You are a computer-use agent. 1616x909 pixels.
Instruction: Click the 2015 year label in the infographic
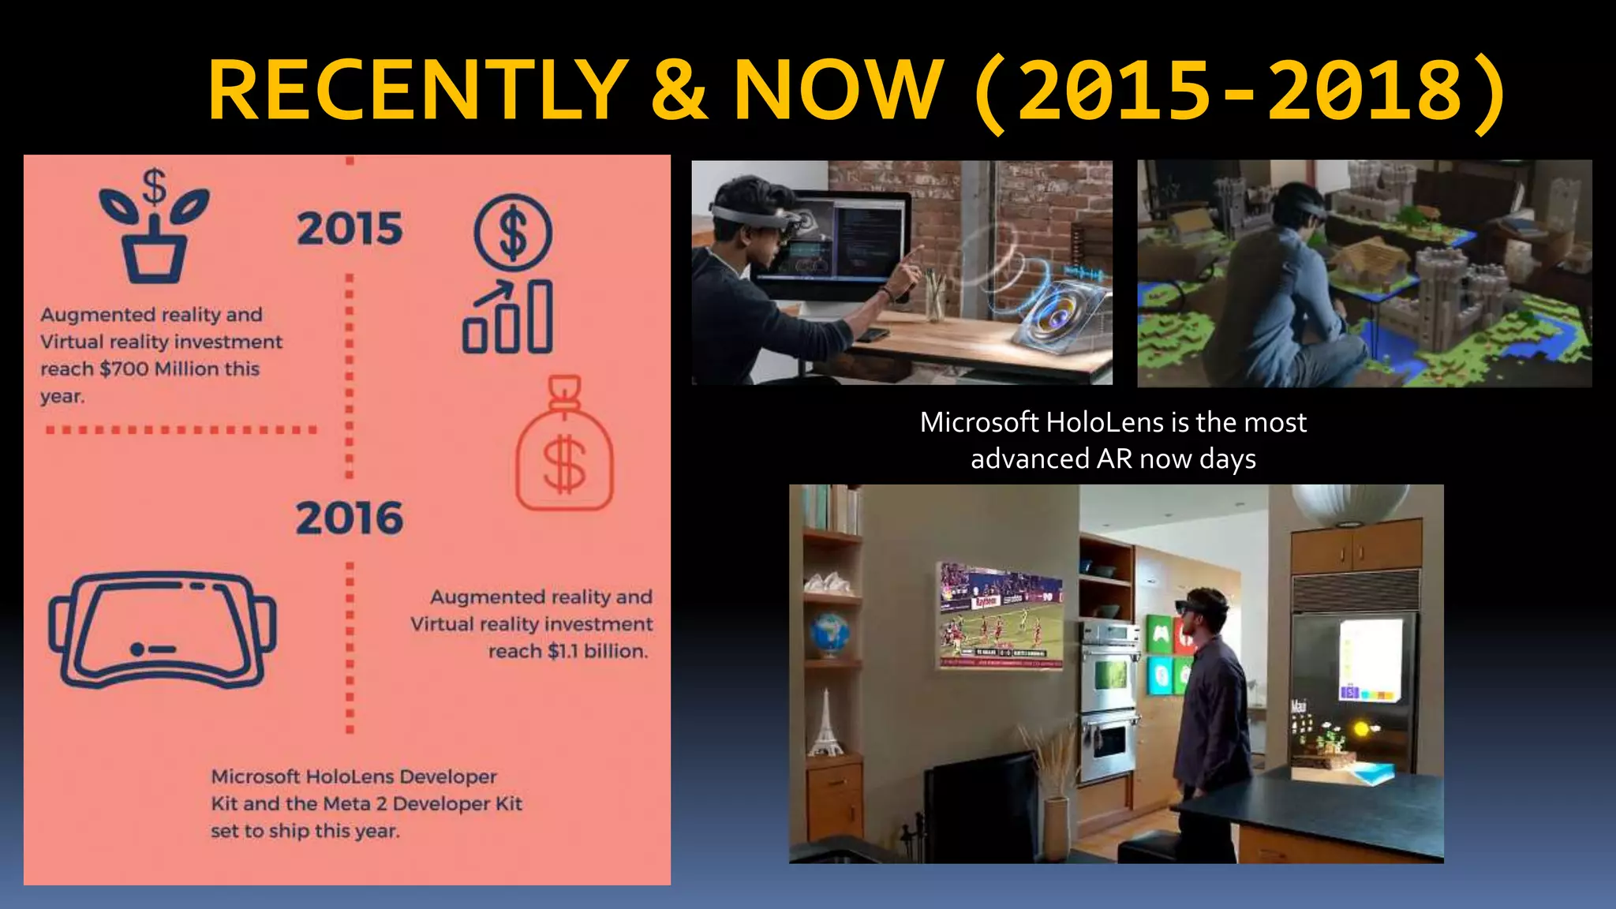pyautogui.click(x=350, y=229)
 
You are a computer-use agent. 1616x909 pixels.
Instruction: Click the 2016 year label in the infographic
pyautogui.click(x=350, y=518)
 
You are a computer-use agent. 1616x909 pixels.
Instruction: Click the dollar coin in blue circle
pyautogui.click(x=513, y=234)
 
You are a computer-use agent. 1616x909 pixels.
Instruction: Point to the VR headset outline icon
pyautogui.click(x=163, y=630)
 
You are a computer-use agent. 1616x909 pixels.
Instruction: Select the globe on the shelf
pyautogui.click(x=829, y=634)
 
